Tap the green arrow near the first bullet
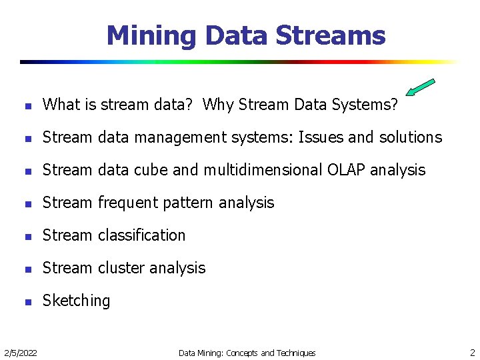pyautogui.click(x=420, y=89)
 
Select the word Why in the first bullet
pyautogui.click(x=217, y=105)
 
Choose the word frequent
pyautogui.click(x=126, y=203)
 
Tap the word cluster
pyautogui.click(x=120, y=268)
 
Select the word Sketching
pyautogui.click(x=76, y=301)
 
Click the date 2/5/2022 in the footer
pyautogui.click(x=20, y=353)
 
